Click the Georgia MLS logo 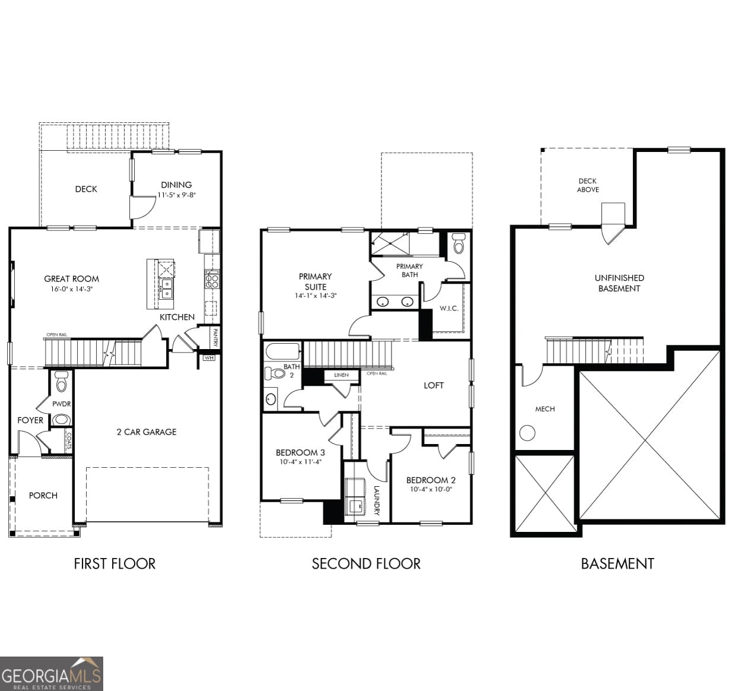(52, 674)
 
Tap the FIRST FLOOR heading (114, 563)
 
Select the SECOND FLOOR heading (366, 563)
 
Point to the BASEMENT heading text (617, 563)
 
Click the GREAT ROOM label (71, 278)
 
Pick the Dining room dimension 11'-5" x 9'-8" (176, 195)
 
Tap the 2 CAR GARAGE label (147, 432)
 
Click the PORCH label (43, 495)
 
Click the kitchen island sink (167, 289)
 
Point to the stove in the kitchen (212, 279)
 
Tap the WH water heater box (209, 358)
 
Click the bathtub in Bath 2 (282, 351)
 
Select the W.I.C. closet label (448, 308)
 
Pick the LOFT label (434, 385)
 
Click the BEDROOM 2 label (431, 480)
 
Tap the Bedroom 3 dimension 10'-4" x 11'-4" (300, 462)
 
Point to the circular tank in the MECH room (527, 433)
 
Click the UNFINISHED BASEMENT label (619, 283)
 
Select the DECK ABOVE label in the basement (588, 185)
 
